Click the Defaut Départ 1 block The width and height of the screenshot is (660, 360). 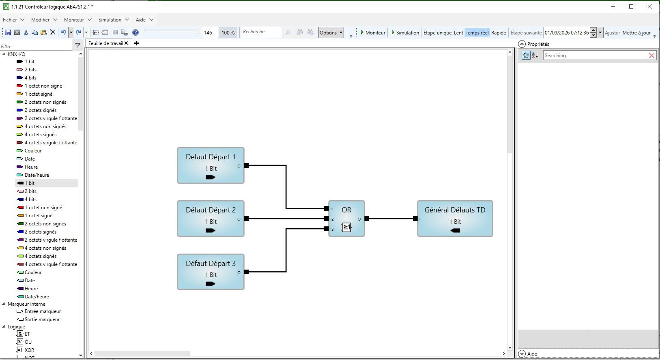(x=211, y=165)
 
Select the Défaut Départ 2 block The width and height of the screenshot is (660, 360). (x=211, y=219)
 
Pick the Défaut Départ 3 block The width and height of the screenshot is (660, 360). (x=211, y=272)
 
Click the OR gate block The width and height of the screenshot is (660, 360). (x=346, y=219)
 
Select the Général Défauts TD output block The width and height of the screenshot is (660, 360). (x=455, y=219)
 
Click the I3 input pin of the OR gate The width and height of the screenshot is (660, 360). (x=327, y=229)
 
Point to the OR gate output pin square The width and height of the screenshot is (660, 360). (x=367, y=219)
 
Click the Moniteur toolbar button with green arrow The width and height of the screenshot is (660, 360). (x=373, y=33)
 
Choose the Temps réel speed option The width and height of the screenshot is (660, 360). (x=477, y=33)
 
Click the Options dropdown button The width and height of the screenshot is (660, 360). (x=331, y=33)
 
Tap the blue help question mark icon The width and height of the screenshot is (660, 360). (x=135, y=32)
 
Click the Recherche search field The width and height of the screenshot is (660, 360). (x=262, y=32)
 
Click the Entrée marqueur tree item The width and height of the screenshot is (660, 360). (x=39, y=311)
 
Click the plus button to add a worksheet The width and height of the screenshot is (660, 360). (x=136, y=43)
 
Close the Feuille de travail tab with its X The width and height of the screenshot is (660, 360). (x=126, y=43)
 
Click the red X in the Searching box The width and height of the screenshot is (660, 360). (x=651, y=56)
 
